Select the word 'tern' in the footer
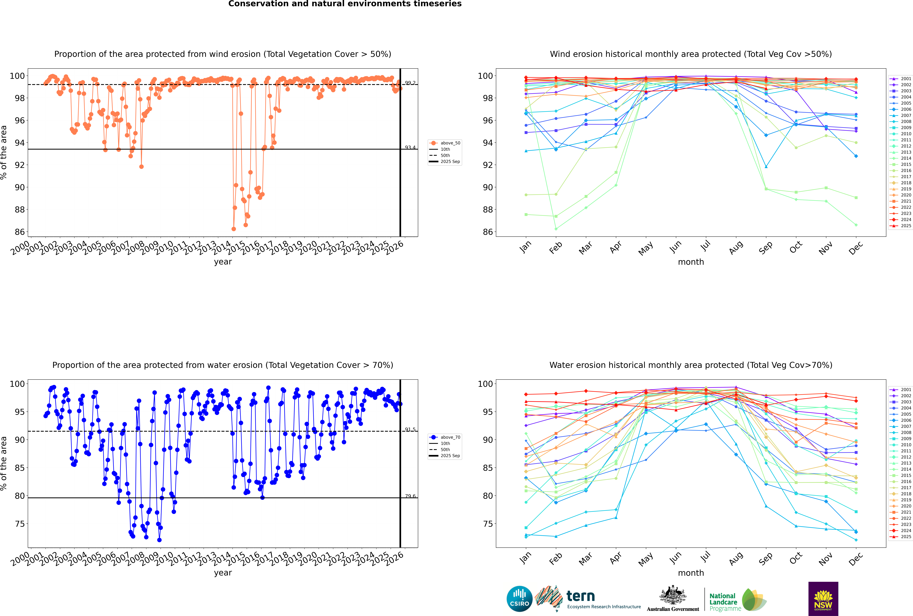581,596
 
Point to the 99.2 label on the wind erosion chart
410,83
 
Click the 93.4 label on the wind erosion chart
410,147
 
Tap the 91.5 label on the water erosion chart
410,429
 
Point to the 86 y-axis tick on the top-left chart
20,232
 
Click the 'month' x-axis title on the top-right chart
691,262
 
